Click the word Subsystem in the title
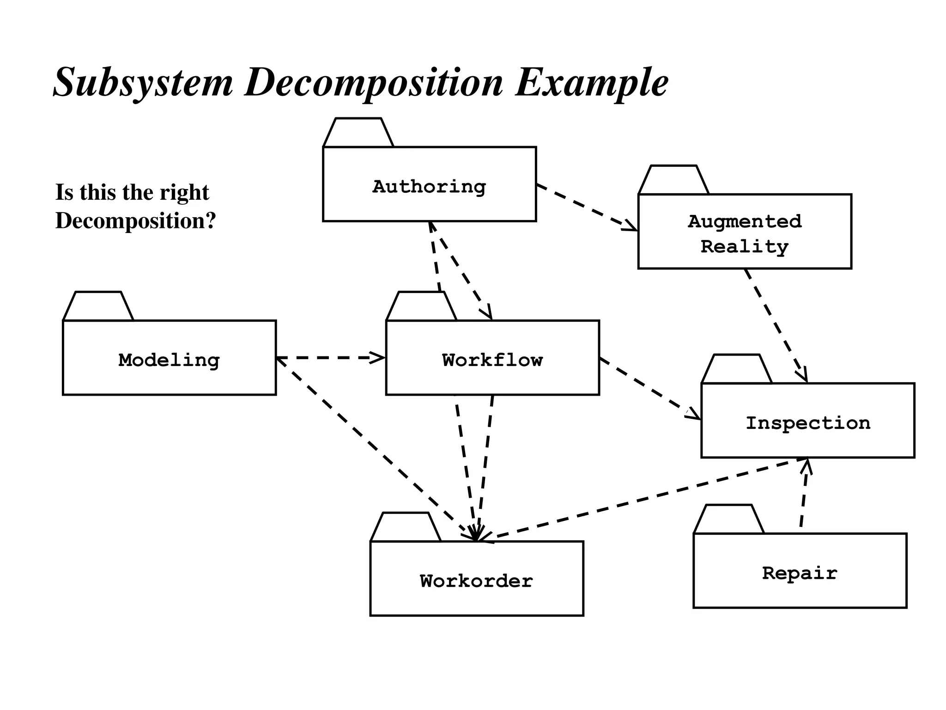(x=143, y=83)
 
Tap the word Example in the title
(x=591, y=83)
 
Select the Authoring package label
(x=429, y=187)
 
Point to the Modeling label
(x=169, y=360)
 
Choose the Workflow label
(x=492, y=360)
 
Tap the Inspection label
(x=808, y=423)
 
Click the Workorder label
(x=476, y=581)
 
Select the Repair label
(x=800, y=573)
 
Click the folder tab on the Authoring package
(x=358, y=133)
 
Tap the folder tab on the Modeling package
(x=98, y=306)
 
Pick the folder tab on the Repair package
(x=729, y=520)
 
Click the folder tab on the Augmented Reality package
(x=674, y=180)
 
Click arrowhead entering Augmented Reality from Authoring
(x=631, y=226)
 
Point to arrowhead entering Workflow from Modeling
(x=379, y=358)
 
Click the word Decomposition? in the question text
(x=135, y=221)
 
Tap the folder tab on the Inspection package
(x=737, y=369)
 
